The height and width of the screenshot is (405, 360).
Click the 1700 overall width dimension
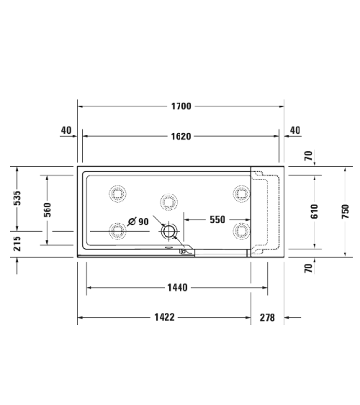(x=181, y=106)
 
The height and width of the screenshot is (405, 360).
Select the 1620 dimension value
(x=181, y=135)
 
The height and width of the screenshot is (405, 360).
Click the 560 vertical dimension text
(x=47, y=209)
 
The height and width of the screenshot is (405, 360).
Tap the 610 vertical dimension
(x=315, y=211)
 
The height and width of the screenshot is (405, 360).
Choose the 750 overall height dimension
(x=345, y=211)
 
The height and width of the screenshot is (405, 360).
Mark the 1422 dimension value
(x=164, y=317)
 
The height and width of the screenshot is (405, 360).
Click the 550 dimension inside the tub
(x=218, y=221)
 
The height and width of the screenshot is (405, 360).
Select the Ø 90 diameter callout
(x=138, y=222)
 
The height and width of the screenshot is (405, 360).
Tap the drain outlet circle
(x=169, y=231)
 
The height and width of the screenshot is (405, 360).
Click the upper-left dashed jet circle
(x=117, y=193)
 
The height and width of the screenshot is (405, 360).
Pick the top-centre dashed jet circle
(x=169, y=200)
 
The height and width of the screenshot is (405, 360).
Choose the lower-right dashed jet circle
(x=240, y=230)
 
